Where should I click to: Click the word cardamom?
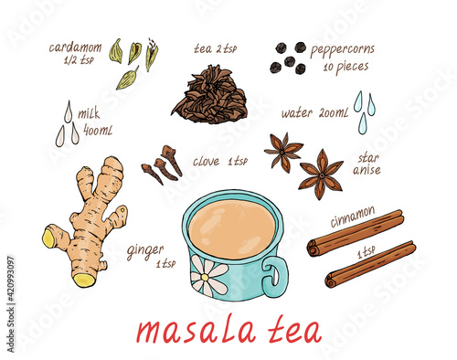coord(75,48)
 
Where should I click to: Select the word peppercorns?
coord(342,50)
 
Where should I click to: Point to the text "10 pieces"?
coord(345,68)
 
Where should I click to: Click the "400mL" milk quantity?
coord(98,131)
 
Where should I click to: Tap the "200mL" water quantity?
coord(334,113)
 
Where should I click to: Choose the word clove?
coord(206,161)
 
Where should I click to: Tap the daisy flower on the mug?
coord(207,276)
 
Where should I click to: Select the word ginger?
coord(145,251)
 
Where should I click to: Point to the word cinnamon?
coord(353,217)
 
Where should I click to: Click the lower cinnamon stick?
coord(370,264)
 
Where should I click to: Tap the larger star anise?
coord(321,175)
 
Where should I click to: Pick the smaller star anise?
coord(283,152)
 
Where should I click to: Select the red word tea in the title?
coord(295,330)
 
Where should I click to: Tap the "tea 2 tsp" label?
coord(216,48)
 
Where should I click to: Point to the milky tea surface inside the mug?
coord(231,229)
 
